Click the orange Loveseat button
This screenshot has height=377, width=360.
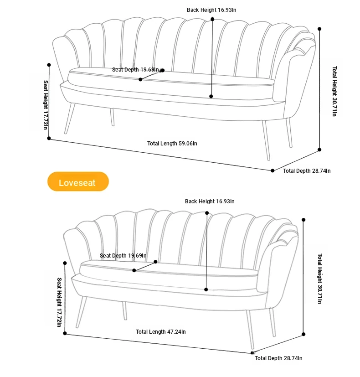78,181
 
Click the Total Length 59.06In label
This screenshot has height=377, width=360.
172,144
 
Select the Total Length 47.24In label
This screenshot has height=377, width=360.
160,332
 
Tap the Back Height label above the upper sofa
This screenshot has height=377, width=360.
211,10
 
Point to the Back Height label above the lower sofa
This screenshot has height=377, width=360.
210,201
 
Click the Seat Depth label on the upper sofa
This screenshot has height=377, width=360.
135,70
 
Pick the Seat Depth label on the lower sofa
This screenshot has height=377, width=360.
123,256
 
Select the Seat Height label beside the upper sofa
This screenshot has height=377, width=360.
46,105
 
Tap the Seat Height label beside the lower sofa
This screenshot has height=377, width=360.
59,302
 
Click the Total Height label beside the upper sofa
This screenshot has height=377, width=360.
334,91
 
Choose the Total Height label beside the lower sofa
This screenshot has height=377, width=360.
320,279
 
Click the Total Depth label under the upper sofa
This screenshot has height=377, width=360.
307,171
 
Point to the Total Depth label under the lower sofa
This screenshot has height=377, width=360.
278,358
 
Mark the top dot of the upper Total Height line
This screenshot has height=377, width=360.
319,29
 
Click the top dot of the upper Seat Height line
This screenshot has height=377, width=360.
49,65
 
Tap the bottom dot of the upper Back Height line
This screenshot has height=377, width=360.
211,96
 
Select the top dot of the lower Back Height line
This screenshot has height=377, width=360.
207,213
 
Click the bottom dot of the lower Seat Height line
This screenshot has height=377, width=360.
65,333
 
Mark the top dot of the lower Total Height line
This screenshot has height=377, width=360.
303,220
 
